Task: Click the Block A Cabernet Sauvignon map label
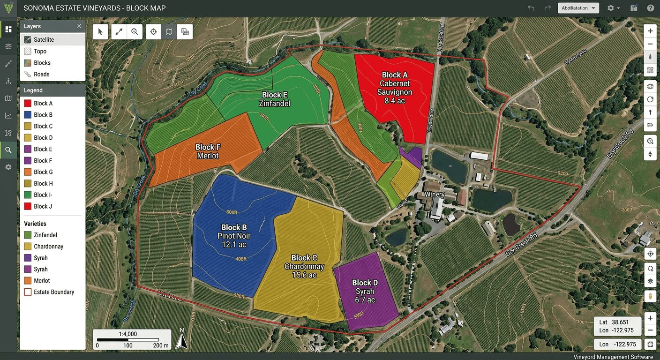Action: [x=395, y=87]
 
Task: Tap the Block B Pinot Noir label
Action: [x=234, y=236]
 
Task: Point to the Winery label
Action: [x=434, y=195]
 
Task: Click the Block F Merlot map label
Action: [x=208, y=151]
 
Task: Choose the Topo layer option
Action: [x=40, y=52]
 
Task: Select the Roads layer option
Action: [x=41, y=74]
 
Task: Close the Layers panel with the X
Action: [x=79, y=27]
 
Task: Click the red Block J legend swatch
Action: [x=28, y=206]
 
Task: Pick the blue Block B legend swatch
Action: [x=28, y=115]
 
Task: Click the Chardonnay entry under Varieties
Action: [x=48, y=247]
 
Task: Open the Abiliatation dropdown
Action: [x=578, y=8]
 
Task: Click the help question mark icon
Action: [x=650, y=8]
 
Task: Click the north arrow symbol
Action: [x=181, y=339]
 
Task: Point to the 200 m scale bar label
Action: [x=161, y=345]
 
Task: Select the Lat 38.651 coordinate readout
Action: [x=614, y=322]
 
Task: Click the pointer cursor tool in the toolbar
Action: [x=100, y=31]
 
